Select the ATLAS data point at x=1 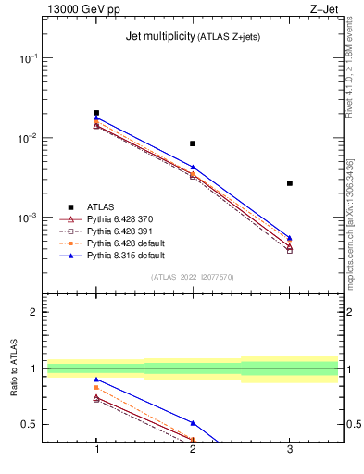(x=96, y=113)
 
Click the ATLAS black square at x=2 (x=193, y=143)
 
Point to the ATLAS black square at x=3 (x=290, y=183)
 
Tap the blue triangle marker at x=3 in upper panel (x=290, y=238)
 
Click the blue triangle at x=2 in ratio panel (x=193, y=422)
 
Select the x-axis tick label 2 (x=193, y=449)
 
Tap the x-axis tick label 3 (x=290, y=449)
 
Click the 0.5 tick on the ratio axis (x=31, y=424)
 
